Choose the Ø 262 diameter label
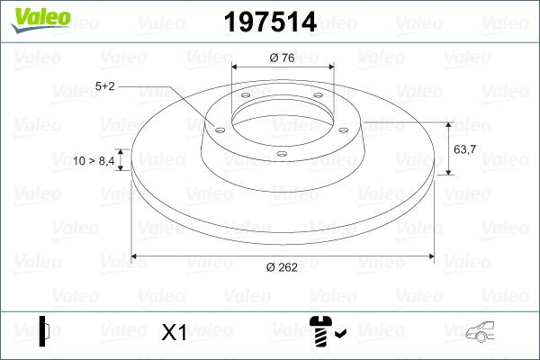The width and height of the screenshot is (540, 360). (x=283, y=265)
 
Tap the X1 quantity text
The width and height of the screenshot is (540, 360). (x=173, y=333)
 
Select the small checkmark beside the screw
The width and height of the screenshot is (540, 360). (x=339, y=335)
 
